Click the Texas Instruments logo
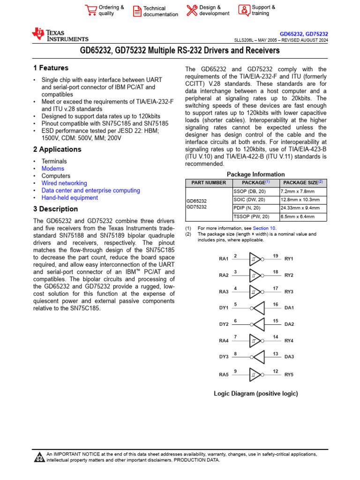60,35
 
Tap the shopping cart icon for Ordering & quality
90,10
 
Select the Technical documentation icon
137,11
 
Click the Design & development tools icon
192,10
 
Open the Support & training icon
244,10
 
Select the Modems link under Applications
53,169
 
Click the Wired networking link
64,183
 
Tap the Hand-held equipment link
70,198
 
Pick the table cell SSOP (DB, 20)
251,192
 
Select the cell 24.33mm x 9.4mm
300,208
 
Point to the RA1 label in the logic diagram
224,259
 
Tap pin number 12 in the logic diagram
276,371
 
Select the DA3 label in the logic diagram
289,357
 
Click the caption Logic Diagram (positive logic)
255,394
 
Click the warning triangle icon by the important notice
39,457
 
